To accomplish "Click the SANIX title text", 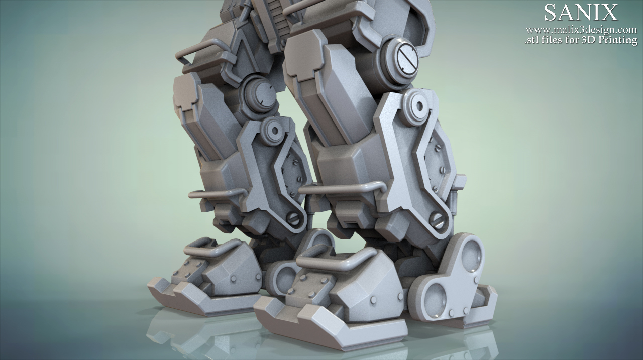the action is pyautogui.click(x=581, y=13).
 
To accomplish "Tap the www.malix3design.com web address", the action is pyautogui.click(x=581, y=30).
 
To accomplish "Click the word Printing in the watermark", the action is pyautogui.click(x=620, y=40).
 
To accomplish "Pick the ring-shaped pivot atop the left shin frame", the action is pyautogui.click(x=274, y=131).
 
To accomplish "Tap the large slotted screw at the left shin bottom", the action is pyautogui.click(x=292, y=218).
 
